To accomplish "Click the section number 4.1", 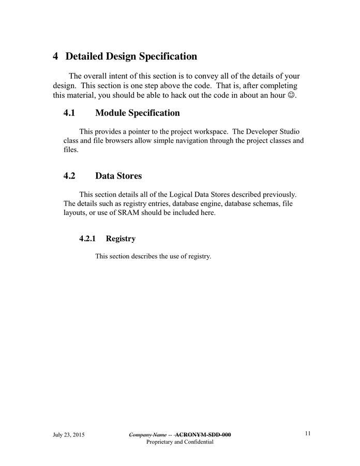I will point(69,113).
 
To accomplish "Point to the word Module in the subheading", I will point(111,113).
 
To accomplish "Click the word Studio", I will point(289,132).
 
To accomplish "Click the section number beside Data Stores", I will point(69,176).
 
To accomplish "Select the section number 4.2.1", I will point(88,239).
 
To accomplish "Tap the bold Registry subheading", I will point(121,239).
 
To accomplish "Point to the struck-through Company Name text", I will point(147,435).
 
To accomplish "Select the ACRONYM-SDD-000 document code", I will point(203,435).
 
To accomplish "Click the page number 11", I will point(308,434).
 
